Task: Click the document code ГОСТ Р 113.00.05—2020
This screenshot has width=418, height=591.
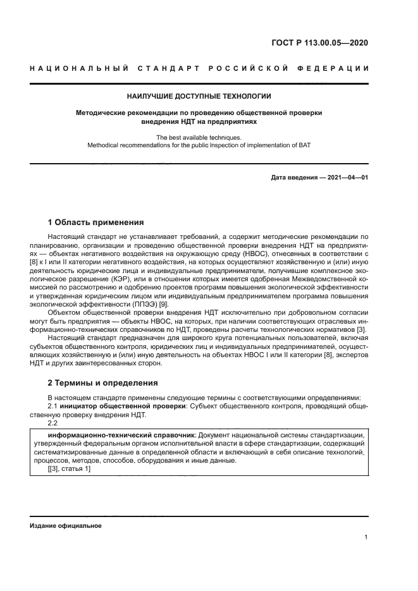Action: pos(319,44)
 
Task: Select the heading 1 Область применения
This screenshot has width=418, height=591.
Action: pos(95,222)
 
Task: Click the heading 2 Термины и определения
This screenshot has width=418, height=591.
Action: pos(102,383)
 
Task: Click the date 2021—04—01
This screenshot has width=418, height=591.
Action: pos(345,178)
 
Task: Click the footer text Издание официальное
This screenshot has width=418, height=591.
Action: pos(65,526)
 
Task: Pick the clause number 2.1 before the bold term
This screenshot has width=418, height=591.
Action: pos(53,406)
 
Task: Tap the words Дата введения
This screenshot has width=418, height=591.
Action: pos(295,178)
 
